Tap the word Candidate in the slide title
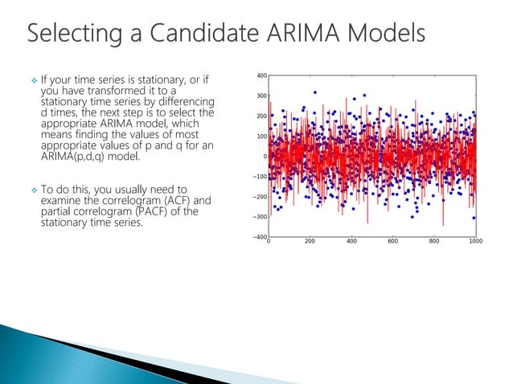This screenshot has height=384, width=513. click(198, 35)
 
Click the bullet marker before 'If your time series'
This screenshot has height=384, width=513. click(33, 81)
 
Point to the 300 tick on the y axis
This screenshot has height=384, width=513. click(261, 96)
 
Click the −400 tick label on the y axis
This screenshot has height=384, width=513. click(259, 237)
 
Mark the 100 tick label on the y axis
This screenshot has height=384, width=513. click(261, 137)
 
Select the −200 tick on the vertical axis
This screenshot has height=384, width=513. click(259, 197)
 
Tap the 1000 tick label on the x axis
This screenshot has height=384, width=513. click(475, 241)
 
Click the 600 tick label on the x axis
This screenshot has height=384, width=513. click(392, 241)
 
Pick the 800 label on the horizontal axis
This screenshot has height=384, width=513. click(433, 241)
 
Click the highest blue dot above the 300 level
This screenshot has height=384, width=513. click(315, 92)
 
